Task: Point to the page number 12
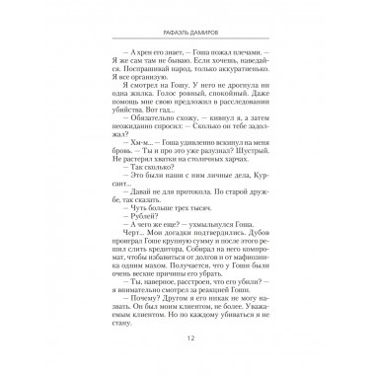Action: coord(187,343)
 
